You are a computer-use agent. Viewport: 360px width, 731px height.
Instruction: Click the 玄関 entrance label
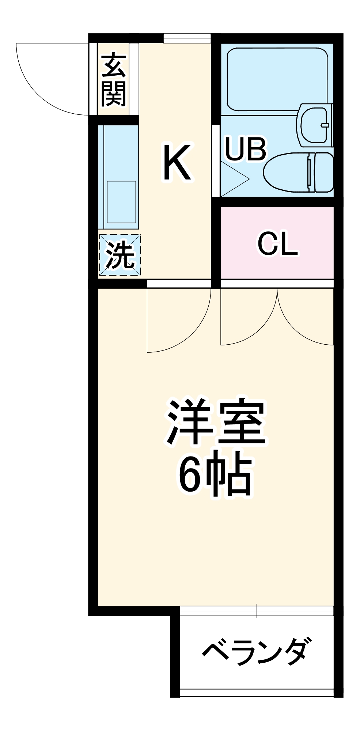(x=114, y=80)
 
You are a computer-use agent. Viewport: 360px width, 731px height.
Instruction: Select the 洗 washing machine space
(x=120, y=255)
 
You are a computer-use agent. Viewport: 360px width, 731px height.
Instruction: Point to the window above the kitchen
(x=187, y=38)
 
